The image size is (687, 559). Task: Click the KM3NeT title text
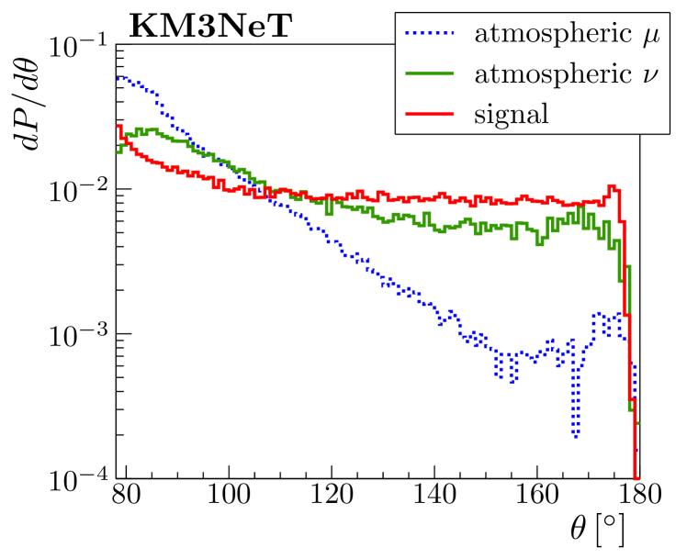210,27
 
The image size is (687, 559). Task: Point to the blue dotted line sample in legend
430,36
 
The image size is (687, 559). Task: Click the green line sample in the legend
430,74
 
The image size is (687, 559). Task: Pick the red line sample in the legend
430,114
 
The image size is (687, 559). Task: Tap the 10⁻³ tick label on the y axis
74,335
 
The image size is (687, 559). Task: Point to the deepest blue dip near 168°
575,435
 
